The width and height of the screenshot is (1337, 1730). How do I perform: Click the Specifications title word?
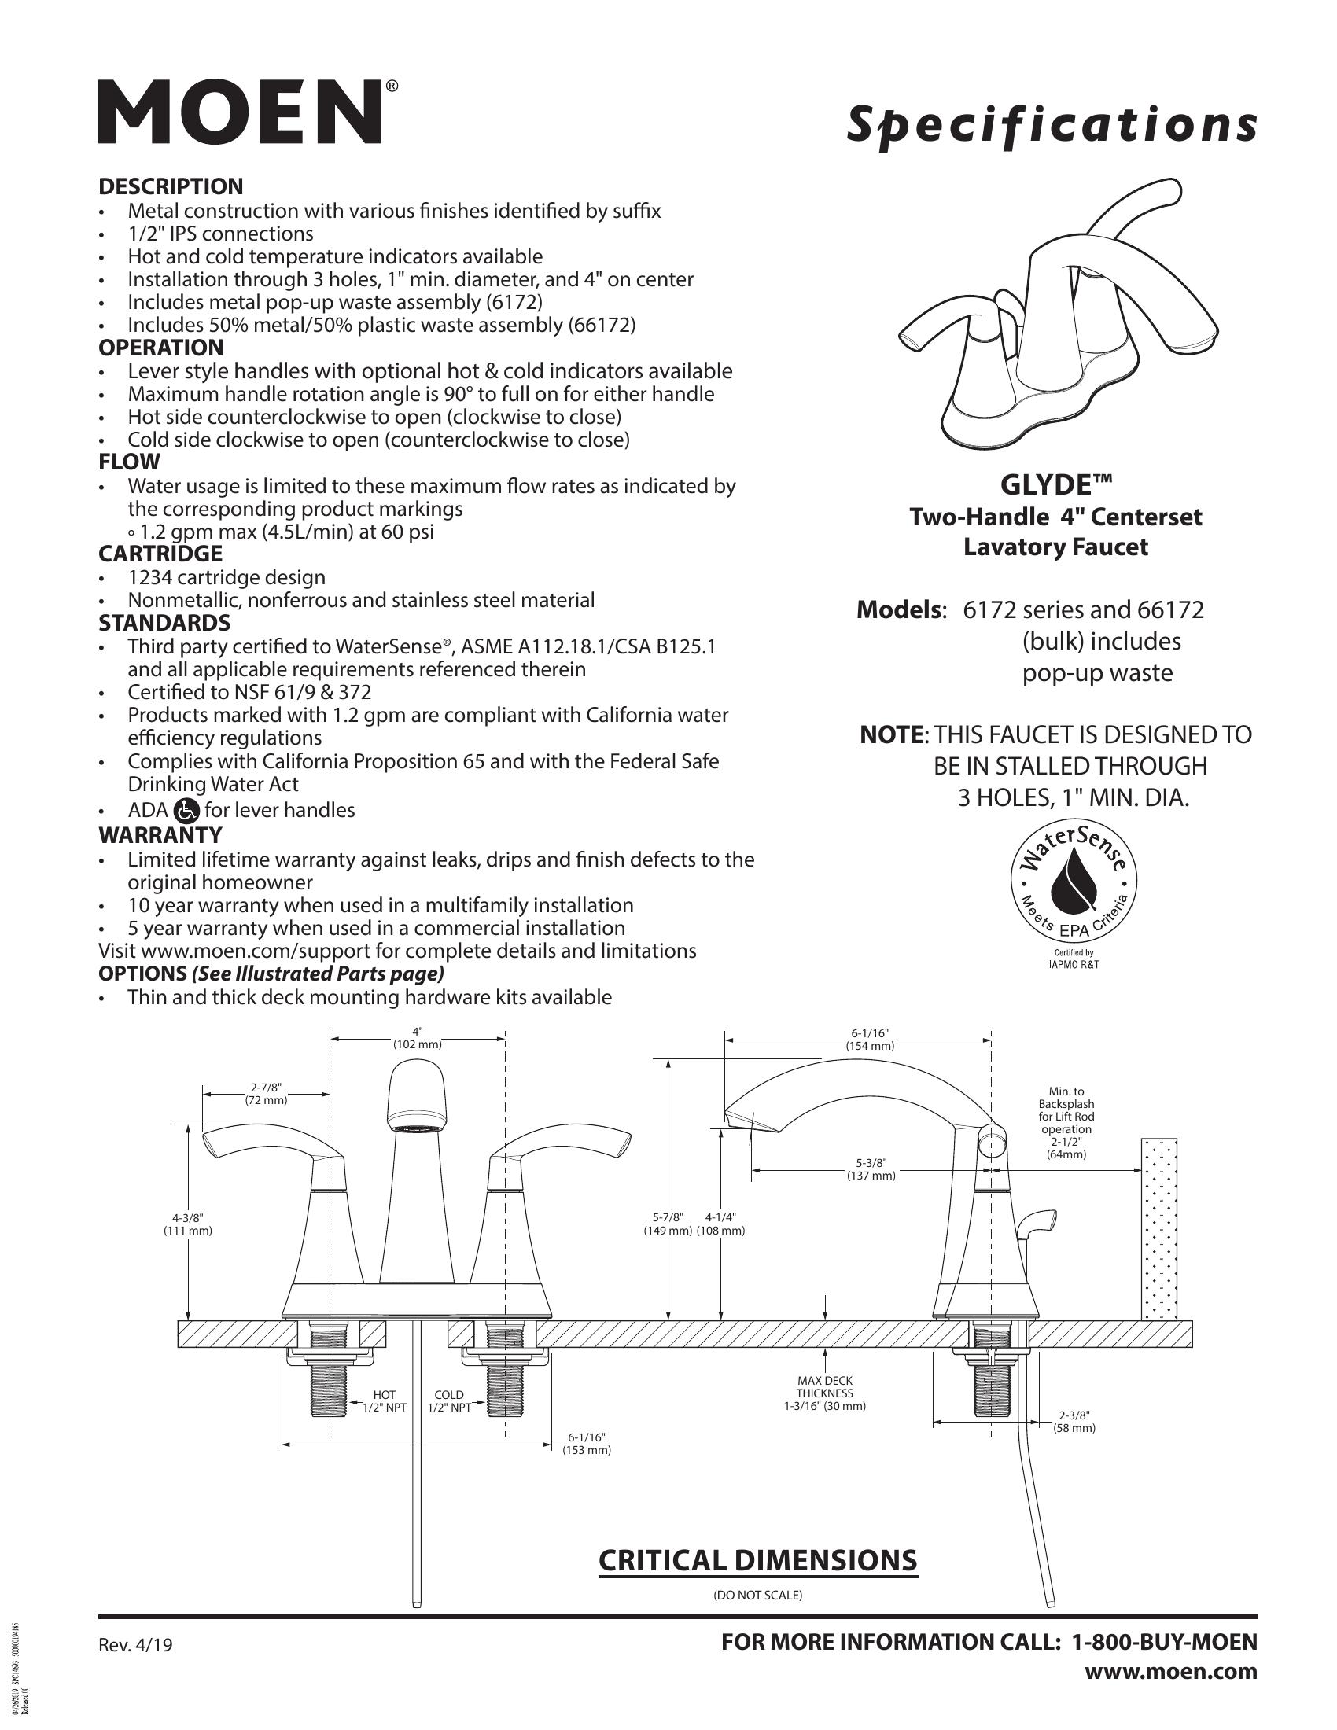(1051, 126)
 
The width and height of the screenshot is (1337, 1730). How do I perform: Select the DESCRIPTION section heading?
(171, 187)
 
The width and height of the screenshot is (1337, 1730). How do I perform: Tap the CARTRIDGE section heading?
(160, 554)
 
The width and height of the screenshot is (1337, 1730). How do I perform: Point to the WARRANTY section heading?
(160, 835)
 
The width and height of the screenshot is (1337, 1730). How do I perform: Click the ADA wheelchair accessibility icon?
(186, 810)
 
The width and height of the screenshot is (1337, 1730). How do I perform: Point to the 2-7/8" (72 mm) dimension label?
(266, 1093)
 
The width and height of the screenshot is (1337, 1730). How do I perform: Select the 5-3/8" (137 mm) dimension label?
(871, 1169)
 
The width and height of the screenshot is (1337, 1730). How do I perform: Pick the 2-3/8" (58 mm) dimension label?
(1074, 1421)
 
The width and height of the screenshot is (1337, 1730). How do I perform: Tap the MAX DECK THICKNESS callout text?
(824, 1393)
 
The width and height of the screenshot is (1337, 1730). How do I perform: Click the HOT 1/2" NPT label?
(383, 1401)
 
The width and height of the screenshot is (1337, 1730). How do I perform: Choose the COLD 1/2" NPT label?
(449, 1401)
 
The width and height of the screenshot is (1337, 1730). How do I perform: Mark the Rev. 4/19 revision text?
(134, 1645)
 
